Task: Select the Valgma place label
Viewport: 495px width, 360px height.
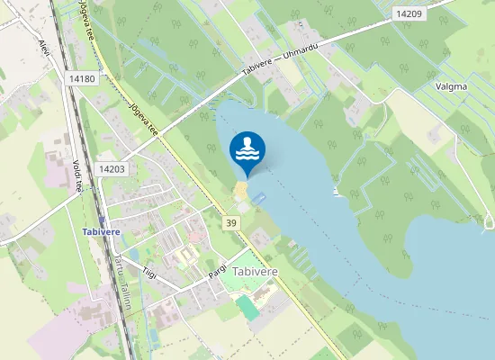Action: tap(451, 86)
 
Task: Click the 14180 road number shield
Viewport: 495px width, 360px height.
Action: tap(81, 79)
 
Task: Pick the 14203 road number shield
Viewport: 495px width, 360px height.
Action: tap(112, 168)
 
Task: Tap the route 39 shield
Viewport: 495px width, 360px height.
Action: tap(232, 222)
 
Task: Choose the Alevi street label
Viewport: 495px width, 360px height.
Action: tap(43, 48)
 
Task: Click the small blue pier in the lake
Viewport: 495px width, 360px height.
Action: tap(259, 196)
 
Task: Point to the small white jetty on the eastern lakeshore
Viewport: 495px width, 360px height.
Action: tap(337, 192)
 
